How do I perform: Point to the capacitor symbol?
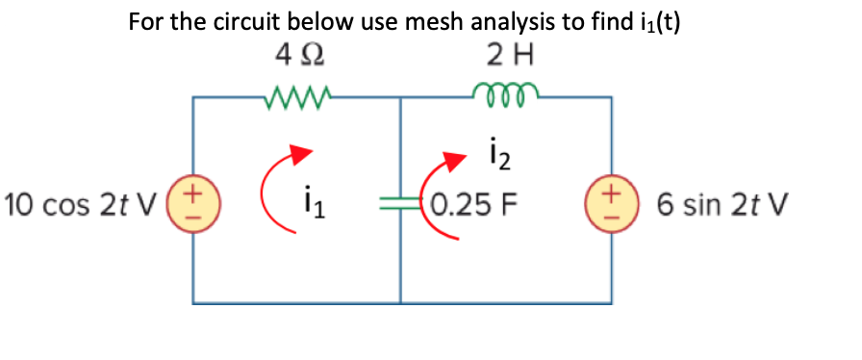click(x=398, y=204)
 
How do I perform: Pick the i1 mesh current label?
click(x=308, y=204)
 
